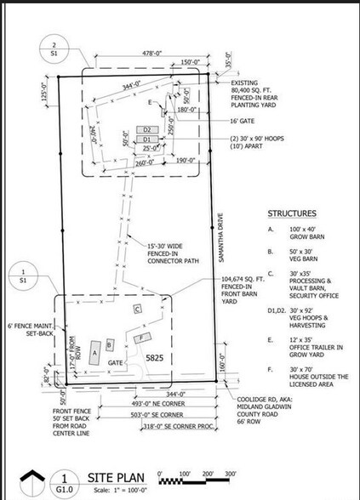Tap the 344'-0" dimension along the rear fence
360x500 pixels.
coord(130,88)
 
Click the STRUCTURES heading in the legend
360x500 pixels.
coord(293,213)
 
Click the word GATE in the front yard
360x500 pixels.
coord(117,362)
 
